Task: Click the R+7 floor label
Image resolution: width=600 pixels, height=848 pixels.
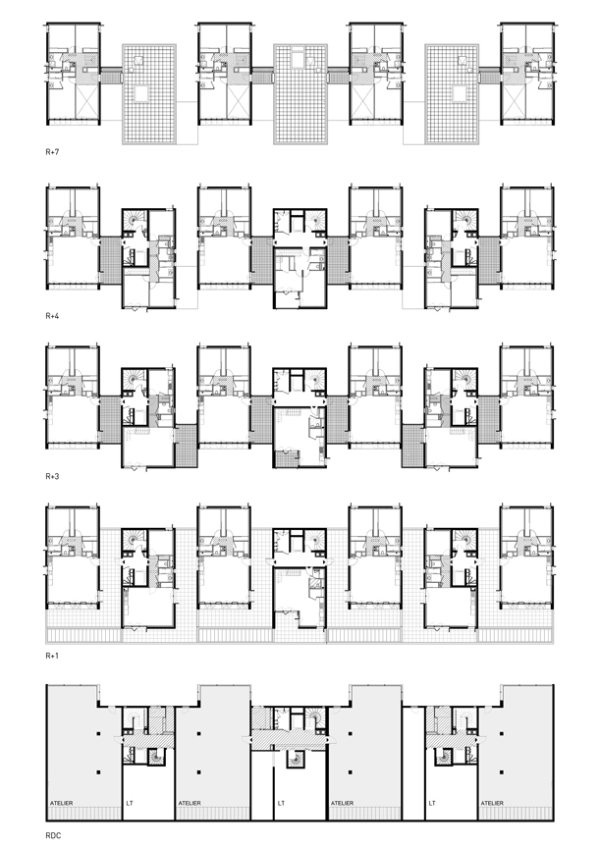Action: coord(52,152)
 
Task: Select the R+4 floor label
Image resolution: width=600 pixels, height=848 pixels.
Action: coord(52,315)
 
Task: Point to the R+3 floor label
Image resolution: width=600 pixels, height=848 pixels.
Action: coord(52,476)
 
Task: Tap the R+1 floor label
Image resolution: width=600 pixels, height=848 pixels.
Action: coord(52,656)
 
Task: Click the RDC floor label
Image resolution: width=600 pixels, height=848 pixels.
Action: coord(53,835)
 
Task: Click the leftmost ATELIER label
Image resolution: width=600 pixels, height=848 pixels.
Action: coord(61,803)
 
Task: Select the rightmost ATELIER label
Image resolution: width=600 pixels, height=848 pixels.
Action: coord(492,803)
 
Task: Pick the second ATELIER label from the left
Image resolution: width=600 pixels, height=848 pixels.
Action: coord(190,803)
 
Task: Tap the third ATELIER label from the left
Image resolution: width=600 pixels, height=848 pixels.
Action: coord(342,803)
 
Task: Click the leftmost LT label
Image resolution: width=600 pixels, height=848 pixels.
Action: coord(130,803)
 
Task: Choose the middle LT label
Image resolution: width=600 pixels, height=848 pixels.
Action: coord(281,803)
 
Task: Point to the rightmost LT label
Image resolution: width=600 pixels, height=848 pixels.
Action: coord(432,803)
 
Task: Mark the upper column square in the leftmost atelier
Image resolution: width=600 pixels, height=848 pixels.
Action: coord(99,734)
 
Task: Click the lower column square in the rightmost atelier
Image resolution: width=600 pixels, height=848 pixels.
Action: coord(502,772)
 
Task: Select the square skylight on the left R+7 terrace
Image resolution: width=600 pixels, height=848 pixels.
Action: coord(141,93)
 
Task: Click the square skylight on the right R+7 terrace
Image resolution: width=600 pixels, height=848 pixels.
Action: coord(460,93)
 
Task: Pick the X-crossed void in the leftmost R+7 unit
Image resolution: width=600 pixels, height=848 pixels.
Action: coord(86,102)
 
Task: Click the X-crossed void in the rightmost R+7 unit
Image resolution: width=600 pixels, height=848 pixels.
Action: coord(514,102)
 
